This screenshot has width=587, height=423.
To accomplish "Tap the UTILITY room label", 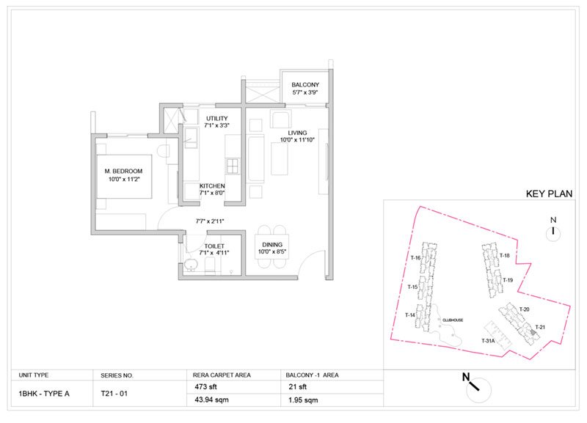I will (x=217, y=119).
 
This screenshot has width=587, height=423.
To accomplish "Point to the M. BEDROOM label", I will (x=122, y=172).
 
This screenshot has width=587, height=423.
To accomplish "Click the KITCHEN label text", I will (x=212, y=186).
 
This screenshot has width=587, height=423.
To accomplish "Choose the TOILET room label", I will (x=214, y=246).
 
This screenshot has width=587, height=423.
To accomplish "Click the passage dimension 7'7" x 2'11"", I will (x=210, y=220).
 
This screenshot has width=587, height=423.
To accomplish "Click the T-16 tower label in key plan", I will (x=415, y=258).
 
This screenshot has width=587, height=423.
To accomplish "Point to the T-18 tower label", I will (x=504, y=255).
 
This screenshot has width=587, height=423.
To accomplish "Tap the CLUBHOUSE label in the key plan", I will (x=452, y=320).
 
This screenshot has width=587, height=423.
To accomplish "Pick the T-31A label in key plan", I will (x=489, y=342).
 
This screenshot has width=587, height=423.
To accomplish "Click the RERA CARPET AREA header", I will (x=222, y=375).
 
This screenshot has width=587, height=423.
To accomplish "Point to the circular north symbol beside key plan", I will (x=554, y=232).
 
